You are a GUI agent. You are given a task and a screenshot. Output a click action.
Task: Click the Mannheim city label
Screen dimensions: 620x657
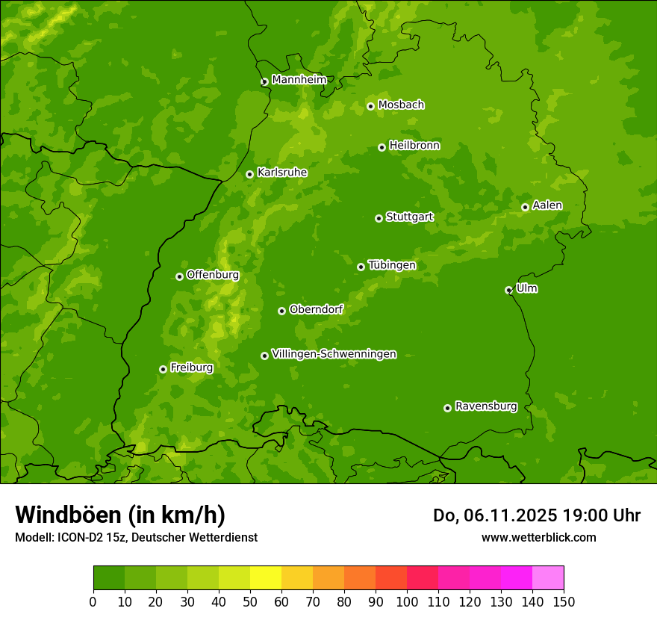click(x=299, y=80)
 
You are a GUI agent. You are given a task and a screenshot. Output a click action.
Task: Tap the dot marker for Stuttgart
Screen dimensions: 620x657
click(x=379, y=218)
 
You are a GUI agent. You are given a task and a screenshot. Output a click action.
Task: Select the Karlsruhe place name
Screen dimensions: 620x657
click(x=282, y=173)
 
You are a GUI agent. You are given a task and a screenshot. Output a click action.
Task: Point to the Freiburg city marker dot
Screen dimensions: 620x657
click(x=163, y=369)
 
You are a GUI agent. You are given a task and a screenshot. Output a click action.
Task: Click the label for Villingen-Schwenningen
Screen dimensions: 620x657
click(x=334, y=354)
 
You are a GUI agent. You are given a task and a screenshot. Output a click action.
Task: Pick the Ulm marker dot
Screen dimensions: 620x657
click(x=508, y=290)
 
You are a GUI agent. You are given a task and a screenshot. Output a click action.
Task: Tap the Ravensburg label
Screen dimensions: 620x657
click(x=486, y=406)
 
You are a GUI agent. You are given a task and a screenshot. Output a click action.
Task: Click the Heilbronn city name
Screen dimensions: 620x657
click(x=414, y=146)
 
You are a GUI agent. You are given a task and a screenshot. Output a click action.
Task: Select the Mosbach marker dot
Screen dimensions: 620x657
click(x=370, y=106)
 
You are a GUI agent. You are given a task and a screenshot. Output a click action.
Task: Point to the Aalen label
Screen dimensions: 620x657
click(x=547, y=205)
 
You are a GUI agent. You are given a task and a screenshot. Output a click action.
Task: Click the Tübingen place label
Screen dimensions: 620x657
click(x=392, y=265)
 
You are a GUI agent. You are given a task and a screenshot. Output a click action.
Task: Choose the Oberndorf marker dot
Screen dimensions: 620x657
click(x=281, y=311)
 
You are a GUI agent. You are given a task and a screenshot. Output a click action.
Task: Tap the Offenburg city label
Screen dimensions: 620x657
click(x=213, y=275)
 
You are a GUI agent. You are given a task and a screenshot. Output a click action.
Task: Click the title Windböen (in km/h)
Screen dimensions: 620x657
click(x=120, y=515)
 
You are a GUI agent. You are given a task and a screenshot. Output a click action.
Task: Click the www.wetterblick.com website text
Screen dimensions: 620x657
click(x=538, y=537)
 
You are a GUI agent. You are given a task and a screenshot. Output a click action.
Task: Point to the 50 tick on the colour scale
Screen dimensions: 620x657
click(x=250, y=602)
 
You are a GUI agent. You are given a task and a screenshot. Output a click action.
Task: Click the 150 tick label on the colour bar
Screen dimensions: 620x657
click(x=564, y=602)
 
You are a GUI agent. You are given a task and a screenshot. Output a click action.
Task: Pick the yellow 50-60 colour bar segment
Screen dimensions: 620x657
click(x=266, y=578)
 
